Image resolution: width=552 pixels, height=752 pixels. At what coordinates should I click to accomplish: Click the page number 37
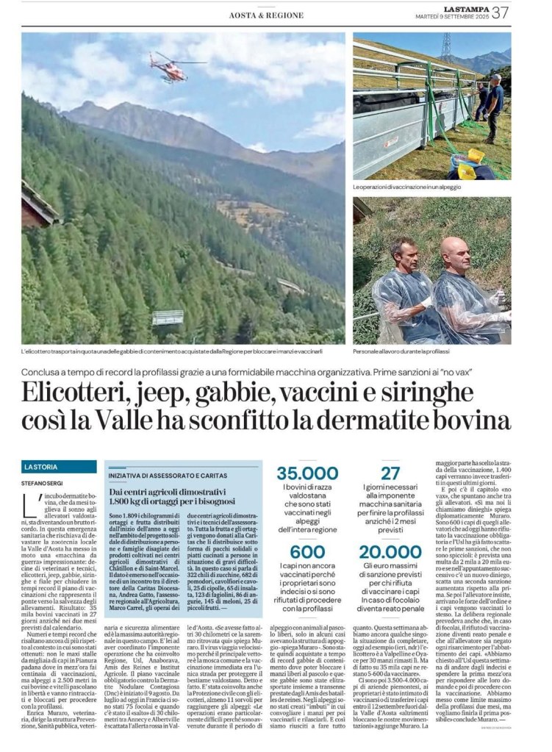501,12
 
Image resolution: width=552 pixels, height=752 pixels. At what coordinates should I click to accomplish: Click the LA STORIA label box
59,467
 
